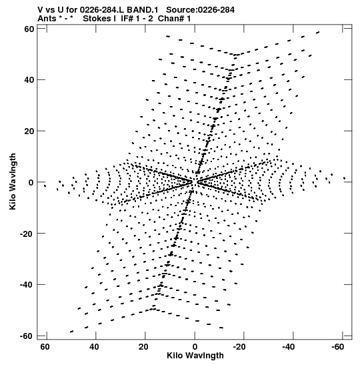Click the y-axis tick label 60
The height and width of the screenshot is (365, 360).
click(29, 29)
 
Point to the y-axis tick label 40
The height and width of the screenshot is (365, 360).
click(29, 80)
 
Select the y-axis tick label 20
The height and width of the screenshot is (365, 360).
click(29, 131)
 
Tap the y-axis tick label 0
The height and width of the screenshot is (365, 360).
click(31, 182)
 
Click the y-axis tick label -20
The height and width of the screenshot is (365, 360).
click(27, 234)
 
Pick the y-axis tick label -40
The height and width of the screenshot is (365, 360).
click(27, 285)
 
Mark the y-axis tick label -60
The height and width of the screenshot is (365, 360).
click(27, 336)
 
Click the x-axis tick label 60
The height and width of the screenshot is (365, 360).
click(45, 347)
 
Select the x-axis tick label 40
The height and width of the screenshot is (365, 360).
click(94, 347)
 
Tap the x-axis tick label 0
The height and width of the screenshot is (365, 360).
click(195, 347)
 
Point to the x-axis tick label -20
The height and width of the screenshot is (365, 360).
click(239, 347)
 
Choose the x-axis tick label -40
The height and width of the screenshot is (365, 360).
click(289, 347)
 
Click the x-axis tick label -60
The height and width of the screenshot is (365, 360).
click(338, 347)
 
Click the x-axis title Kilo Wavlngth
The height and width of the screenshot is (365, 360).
click(195, 356)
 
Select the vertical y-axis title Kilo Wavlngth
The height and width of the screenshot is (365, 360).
click(13, 181)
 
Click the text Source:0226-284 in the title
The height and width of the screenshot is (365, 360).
click(200, 10)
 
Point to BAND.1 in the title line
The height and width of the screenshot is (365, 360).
click(143, 10)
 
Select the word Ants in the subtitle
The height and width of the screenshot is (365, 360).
click(47, 19)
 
